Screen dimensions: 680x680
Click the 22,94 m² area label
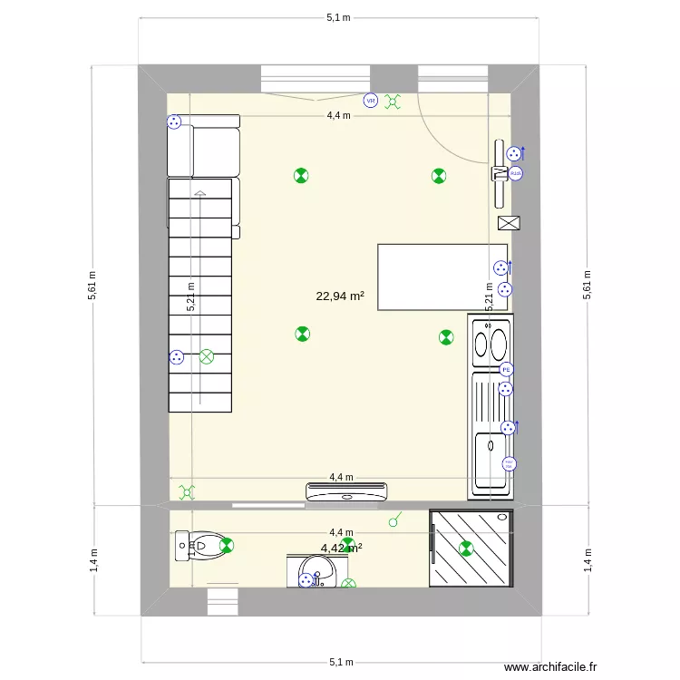click(x=340, y=296)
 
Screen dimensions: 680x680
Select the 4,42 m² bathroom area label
click(x=341, y=548)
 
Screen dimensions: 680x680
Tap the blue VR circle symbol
click(x=370, y=101)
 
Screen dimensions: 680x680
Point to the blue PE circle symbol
click(x=506, y=369)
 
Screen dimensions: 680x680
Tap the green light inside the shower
click(x=467, y=548)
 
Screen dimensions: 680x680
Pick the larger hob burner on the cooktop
click(x=498, y=344)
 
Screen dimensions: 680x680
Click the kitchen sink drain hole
click(x=490, y=445)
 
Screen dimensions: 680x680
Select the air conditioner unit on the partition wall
click(x=347, y=492)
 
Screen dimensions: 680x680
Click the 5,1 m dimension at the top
click(x=339, y=17)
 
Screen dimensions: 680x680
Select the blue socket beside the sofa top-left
click(x=173, y=122)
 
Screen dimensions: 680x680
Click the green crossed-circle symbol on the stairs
click(x=207, y=356)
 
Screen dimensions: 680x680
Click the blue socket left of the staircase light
click(x=177, y=357)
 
